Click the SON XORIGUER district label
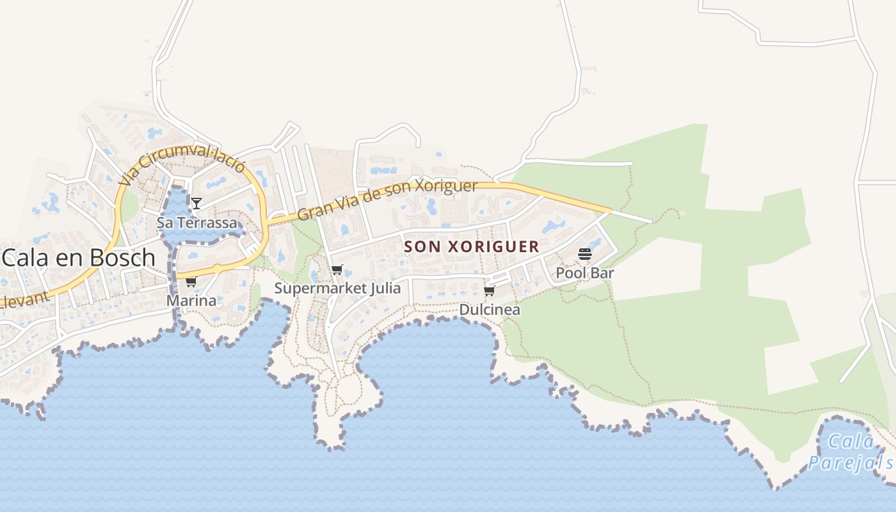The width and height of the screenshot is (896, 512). pos(472,246)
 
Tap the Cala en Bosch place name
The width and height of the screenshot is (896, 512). pos(78,257)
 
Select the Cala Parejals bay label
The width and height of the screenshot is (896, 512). pos(850,452)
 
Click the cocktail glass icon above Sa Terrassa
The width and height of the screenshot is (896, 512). pos(196,204)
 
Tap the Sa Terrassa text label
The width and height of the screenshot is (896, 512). pos(196,223)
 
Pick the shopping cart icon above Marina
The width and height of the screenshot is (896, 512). pos(191,282)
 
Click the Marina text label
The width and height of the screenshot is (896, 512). pos(191,300)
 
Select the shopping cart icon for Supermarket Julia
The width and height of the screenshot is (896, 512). pos(337,270)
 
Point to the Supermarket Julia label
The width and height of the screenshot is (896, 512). pos(337,288)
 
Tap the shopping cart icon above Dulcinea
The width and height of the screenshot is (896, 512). pos(490,291)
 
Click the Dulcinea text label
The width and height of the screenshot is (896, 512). pos(490,310)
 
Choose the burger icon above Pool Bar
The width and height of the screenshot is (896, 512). pos(585,254)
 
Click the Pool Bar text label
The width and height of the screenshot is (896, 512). pos(585,273)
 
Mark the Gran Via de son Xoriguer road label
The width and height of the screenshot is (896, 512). pos(387,201)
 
